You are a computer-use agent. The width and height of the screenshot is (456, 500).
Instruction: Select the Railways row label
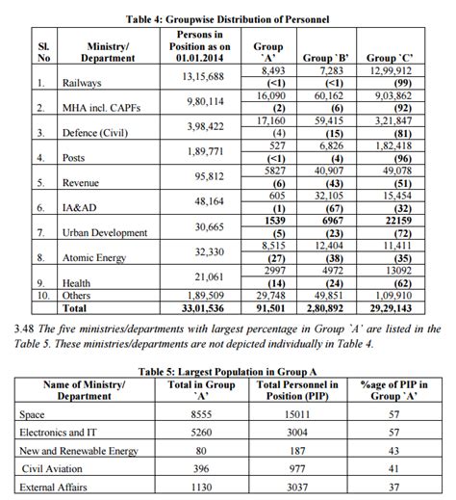[x=83, y=84]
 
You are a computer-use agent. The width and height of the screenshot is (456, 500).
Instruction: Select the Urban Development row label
[x=107, y=233]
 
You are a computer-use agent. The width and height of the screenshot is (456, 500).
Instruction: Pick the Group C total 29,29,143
[x=396, y=309]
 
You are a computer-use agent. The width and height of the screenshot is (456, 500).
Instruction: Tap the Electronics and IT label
[x=58, y=433]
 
